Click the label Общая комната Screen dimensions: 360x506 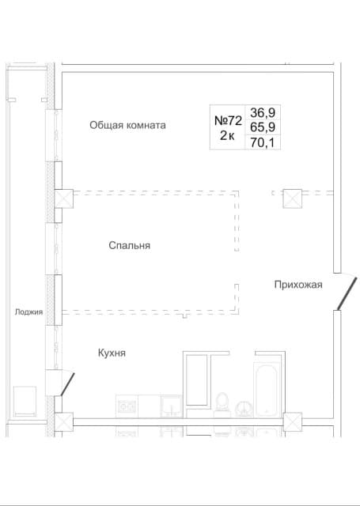click(127, 125)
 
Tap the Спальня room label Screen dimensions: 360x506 click(130, 246)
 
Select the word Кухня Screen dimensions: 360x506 click(112, 353)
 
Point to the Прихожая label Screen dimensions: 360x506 click(298, 285)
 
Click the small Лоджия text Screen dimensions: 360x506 click(28, 312)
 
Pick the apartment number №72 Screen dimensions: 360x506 click(229, 121)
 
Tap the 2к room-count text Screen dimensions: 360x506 click(227, 136)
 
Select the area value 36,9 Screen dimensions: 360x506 click(263, 113)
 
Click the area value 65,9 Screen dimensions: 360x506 click(263, 127)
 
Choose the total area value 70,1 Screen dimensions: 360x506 click(263, 142)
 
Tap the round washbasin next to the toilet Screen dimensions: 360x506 click(244, 410)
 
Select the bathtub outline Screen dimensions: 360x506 click(267, 390)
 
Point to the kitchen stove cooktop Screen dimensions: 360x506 click(127, 406)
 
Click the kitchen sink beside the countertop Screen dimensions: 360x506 click(171, 406)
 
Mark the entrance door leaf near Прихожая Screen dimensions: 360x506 click(347, 293)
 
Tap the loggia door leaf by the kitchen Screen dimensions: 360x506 click(68, 384)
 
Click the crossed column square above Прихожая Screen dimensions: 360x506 click(293, 198)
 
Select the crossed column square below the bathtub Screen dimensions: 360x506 click(293, 422)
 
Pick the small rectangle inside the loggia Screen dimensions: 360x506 click(25, 402)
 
